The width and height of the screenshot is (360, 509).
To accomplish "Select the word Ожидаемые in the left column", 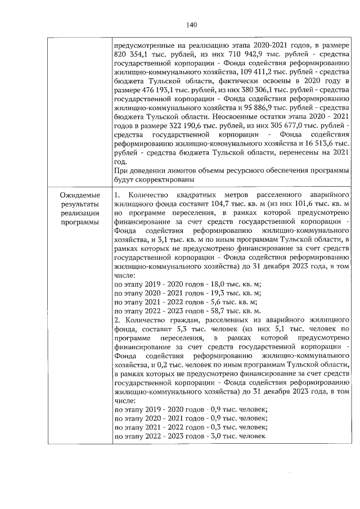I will coord(79,195).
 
